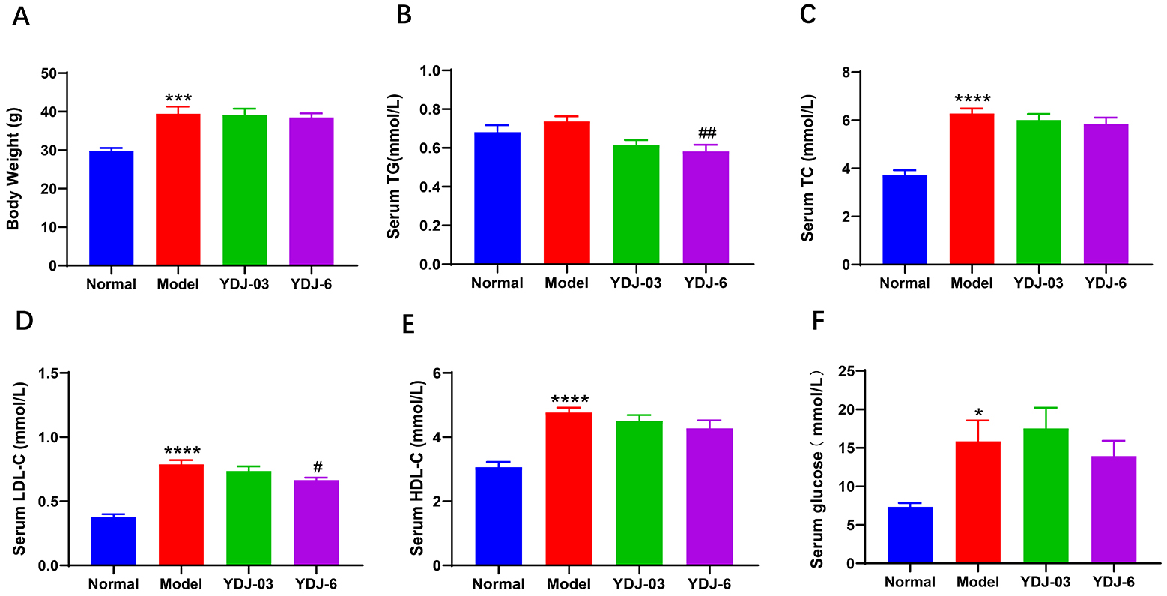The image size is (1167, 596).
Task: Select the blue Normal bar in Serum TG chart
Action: click(497, 199)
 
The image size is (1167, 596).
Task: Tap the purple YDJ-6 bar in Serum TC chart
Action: click(1106, 194)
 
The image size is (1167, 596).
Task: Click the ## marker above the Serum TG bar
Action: click(707, 133)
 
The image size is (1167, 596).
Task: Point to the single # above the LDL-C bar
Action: click(317, 468)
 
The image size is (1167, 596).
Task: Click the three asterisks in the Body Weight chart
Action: click(178, 99)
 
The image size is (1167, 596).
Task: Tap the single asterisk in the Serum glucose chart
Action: click(978, 412)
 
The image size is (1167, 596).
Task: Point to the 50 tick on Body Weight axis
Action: click(49, 73)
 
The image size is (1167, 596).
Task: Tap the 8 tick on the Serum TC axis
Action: click(847, 73)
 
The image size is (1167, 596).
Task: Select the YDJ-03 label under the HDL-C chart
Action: click(640, 584)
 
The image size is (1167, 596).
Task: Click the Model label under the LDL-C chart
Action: click(181, 584)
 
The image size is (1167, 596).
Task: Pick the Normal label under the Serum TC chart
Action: click(904, 283)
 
